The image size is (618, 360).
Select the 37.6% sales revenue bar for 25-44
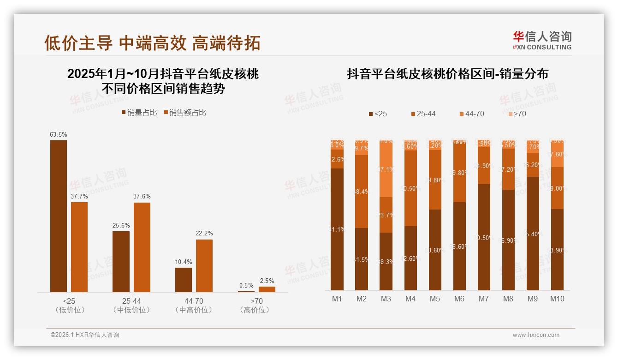[x=142, y=247]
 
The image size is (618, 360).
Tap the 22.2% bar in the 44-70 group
[x=204, y=265]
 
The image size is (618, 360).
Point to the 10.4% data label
[x=184, y=262]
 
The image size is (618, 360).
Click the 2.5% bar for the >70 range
[x=267, y=289]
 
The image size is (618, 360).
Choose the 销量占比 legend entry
[x=139, y=112]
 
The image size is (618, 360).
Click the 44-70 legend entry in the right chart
[x=472, y=114]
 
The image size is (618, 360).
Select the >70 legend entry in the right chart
[x=517, y=114]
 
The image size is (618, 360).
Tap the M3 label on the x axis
[x=386, y=299]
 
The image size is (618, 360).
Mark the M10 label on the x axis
[x=557, y=299]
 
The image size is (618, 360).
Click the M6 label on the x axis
[x=459, y=299]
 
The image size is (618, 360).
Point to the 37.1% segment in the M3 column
[x=386, y=169]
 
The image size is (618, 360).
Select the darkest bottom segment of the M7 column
[x=484, y=237]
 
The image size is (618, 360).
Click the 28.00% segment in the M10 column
[x=557, y=188]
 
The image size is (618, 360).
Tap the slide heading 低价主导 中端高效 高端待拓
[x=152, y=43]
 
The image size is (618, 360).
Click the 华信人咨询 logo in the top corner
[x=542, y=40]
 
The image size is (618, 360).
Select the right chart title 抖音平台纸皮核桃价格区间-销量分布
[x=447, y=74]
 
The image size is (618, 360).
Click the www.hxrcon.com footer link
[x=536, y=335]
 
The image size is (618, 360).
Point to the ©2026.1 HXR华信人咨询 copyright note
[x=85, y=335]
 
